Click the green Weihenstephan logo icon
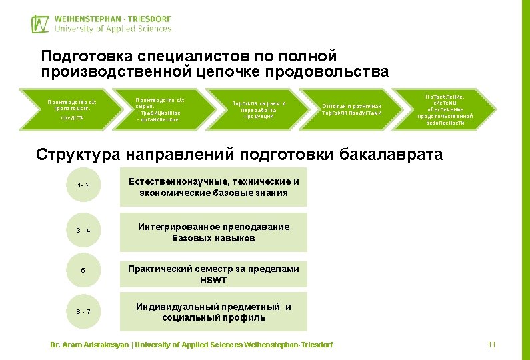tap(40, 23)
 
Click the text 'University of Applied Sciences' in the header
tap(113, 29)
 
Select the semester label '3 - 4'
tap(83, 231)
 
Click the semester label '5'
tap(83, 271)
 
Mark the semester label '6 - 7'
tap(83, 311)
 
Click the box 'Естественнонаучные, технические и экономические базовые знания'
tap(213, 187)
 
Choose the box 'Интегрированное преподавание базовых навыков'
tap(213, 232)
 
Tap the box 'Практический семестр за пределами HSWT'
tap(213, 274)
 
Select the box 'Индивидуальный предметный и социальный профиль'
tap(213, 312)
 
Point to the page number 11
tap(492, 345)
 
